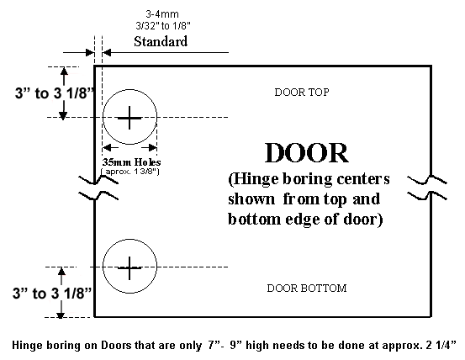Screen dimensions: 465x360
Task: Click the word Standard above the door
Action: (x=161, y=41)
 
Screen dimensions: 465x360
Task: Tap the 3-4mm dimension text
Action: (x=162, y=14)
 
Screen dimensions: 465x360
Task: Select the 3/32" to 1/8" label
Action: (x=163, y=26)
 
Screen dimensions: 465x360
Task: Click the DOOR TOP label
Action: (x=302, y=93)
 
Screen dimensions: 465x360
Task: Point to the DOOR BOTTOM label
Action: (x=307, y=289)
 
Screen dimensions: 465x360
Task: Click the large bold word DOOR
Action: (x=307, y=153)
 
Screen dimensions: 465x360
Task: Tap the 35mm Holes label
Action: (x=132, y=162)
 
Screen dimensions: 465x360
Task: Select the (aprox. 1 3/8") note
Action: (x=130, y=172)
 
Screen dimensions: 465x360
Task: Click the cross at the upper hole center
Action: (x=129, y=118)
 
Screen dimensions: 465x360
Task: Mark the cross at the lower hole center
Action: (x=129, y=268)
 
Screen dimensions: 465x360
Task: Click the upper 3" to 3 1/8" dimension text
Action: (x=55, y=93)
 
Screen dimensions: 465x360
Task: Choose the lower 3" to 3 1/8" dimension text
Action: (x=52, y=294)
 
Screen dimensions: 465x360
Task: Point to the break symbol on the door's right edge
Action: (x=427, y=188)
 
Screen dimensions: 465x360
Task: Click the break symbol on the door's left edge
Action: (x=98, y=188)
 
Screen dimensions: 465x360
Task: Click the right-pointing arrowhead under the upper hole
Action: (x=152, y=147)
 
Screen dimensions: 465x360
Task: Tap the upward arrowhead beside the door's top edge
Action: (x=64, y=71)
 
